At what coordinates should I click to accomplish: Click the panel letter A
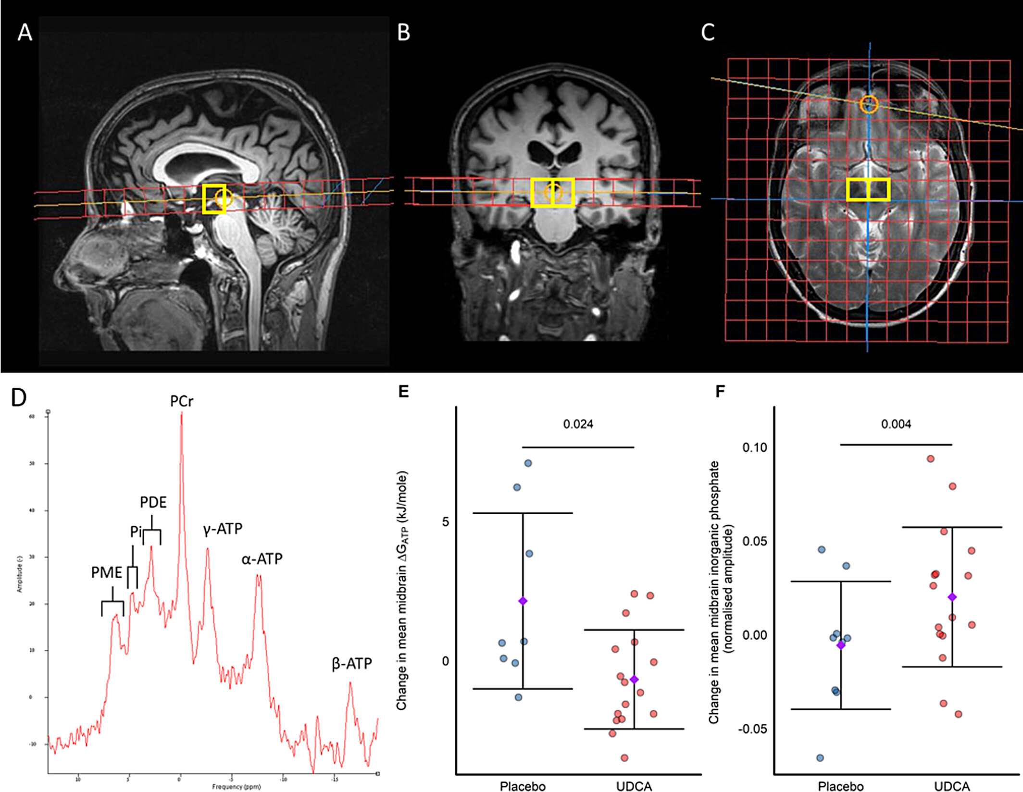(x=25, y=33)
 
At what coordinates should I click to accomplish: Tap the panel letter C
(x=708, y=33)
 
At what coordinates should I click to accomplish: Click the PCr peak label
(x=182, y=401)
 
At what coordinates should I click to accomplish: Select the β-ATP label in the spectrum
(x=352, y=664)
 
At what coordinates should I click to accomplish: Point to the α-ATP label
(x=262, y=559)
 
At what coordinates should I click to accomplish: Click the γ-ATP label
(x=223, y=529)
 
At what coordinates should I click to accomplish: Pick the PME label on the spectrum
(x=107, y=572)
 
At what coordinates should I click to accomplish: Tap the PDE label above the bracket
(x=153, y=502)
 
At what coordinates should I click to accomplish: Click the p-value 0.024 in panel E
(x=578, y=424)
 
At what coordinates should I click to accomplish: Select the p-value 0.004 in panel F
(x=896, y=424)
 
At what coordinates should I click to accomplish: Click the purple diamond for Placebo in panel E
(x=523, y=601)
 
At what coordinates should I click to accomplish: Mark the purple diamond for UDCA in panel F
(x=952, y=597)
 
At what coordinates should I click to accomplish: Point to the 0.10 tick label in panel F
(x=754, y=447)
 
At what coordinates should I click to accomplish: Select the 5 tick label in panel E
(x=445, y=522)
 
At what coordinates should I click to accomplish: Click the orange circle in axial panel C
(x=869, y=104)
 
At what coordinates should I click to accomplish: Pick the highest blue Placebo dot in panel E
(x=528, y=463)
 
